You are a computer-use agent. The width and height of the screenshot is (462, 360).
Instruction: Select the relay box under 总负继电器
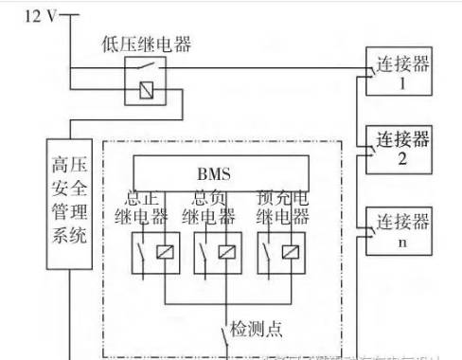click(218, 253)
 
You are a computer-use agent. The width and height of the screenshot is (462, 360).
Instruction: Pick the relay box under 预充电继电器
click(281, 253)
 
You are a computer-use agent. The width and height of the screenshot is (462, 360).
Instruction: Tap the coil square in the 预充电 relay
click(293, 253)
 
